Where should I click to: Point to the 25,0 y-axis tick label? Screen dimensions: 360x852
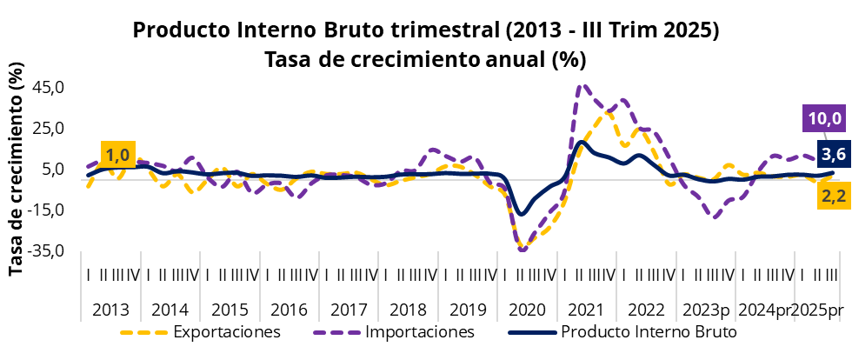[49, 128]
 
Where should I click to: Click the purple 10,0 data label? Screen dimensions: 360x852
[825, 118]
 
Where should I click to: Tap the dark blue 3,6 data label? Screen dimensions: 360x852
[834, 155]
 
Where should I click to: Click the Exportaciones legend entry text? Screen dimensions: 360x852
[226, 332]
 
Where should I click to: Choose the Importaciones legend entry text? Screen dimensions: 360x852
[420, 332]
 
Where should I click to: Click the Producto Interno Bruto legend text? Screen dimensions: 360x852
[649, 332]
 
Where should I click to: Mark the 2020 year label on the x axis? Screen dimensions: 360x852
[528, 310]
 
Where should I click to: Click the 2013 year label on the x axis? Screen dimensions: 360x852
[110, 310]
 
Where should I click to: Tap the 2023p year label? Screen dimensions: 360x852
[706, 310]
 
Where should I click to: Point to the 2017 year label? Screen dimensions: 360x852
[349, 310]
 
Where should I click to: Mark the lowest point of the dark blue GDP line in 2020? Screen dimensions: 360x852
[522, 213]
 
